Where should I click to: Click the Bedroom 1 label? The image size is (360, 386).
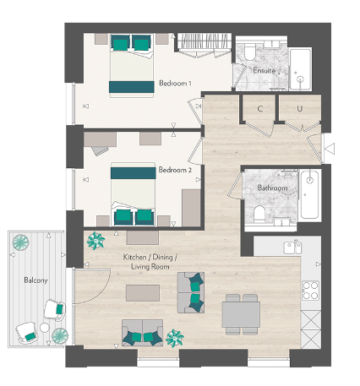pyautogui.click(x=175, y=83)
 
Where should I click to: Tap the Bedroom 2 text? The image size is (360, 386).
pyautogui.click(x=175, y=170)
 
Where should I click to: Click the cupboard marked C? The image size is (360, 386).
pyautogui.click(x=259, y=109)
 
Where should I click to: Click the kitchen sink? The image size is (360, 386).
pyautogui.click(x=292, y=247)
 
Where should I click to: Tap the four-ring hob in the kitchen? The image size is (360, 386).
pyautogui.click(x=309, y=291)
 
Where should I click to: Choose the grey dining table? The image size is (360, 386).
pyautogui.click(x=240, y=313)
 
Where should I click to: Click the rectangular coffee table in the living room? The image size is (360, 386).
pyautogui.click(x=142, y=292)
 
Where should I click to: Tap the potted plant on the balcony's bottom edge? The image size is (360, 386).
pyautogui.click(x=59, y=335)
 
